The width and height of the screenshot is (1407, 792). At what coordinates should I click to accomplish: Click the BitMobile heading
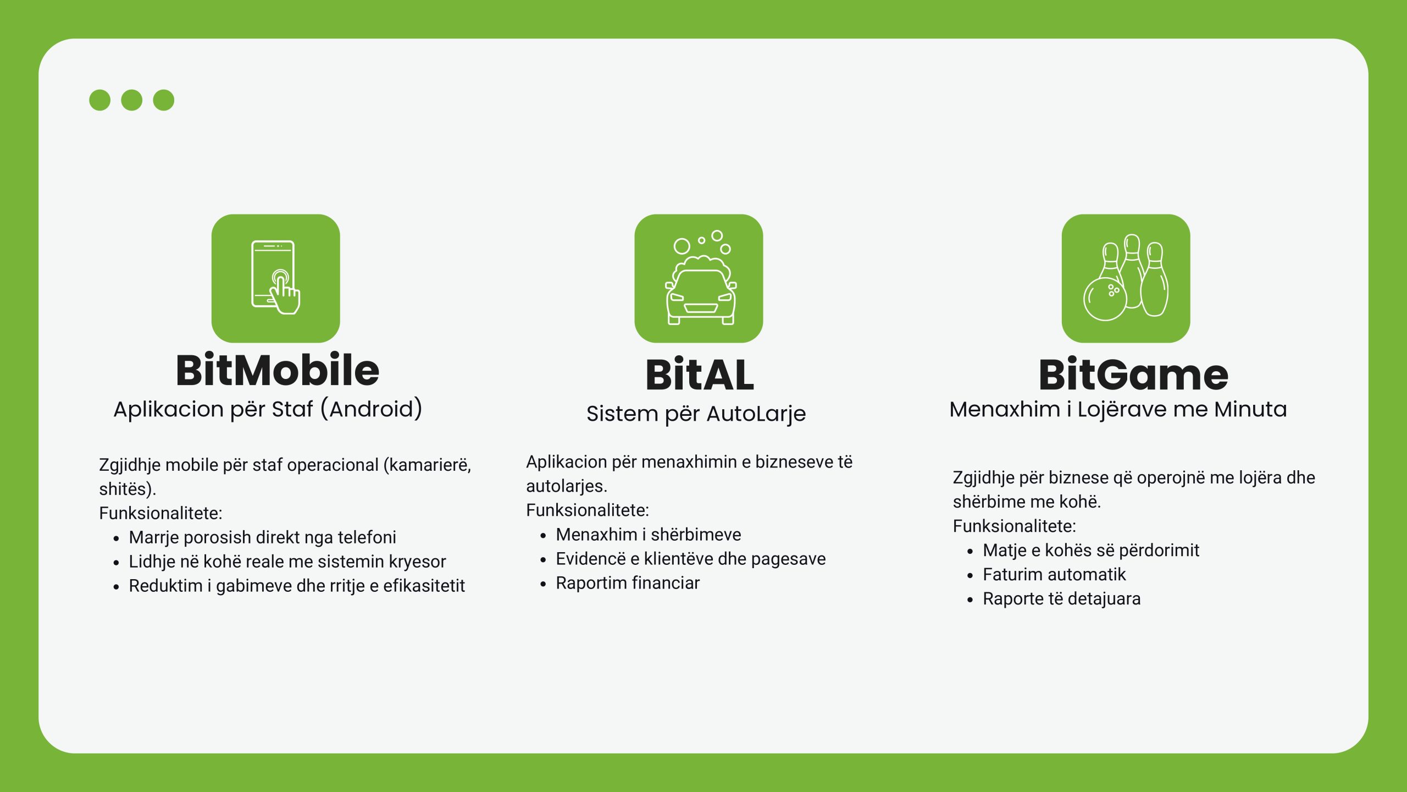[278, 370]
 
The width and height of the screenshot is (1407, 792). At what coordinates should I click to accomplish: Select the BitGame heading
[1133, 375]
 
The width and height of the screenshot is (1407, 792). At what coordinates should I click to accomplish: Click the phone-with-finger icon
[276, 278]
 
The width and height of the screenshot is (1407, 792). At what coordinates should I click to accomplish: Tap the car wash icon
[700, 278]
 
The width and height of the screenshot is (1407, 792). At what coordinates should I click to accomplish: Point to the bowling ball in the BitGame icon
[1105, 299]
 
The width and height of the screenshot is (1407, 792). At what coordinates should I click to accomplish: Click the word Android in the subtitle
[372, 409]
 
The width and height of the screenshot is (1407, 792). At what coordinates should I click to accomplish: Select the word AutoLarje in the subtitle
[756, 414]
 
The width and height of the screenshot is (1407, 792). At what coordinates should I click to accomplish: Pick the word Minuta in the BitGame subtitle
[1250, 409]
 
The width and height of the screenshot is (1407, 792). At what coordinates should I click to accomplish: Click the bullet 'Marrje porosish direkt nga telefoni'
[263, 537]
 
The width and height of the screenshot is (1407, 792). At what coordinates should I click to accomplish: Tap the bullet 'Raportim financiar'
[628, 583]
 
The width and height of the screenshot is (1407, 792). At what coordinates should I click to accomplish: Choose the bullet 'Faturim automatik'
[1054, 575]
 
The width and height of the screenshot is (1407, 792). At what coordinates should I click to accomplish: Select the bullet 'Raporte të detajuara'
[1062, 599]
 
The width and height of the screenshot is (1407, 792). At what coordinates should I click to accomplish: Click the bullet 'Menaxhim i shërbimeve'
[649, 535]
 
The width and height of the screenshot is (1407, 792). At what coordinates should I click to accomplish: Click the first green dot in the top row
[100, 100]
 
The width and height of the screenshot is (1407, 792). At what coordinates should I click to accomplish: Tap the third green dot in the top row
[164, 100]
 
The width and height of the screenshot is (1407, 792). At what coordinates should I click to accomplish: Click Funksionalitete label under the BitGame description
[1015, 526]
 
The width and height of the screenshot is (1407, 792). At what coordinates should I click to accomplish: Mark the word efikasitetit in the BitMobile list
[424, 586]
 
